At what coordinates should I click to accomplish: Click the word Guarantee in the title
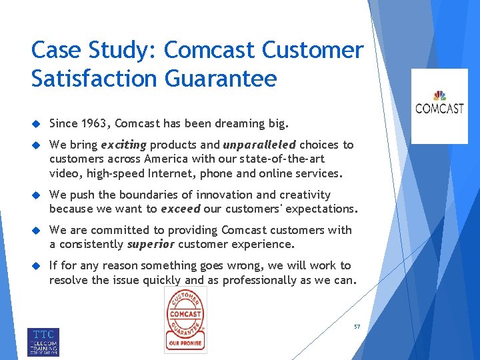coord(219,79)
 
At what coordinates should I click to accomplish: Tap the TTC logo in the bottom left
coord(43,341)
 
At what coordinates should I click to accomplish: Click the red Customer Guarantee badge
coord(185,320)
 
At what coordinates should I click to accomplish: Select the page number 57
coord(357,327)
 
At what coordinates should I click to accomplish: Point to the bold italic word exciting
coord(124,145)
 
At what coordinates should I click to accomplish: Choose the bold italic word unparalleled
coord(259,145)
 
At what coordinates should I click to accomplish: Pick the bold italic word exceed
coord(180,208)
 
